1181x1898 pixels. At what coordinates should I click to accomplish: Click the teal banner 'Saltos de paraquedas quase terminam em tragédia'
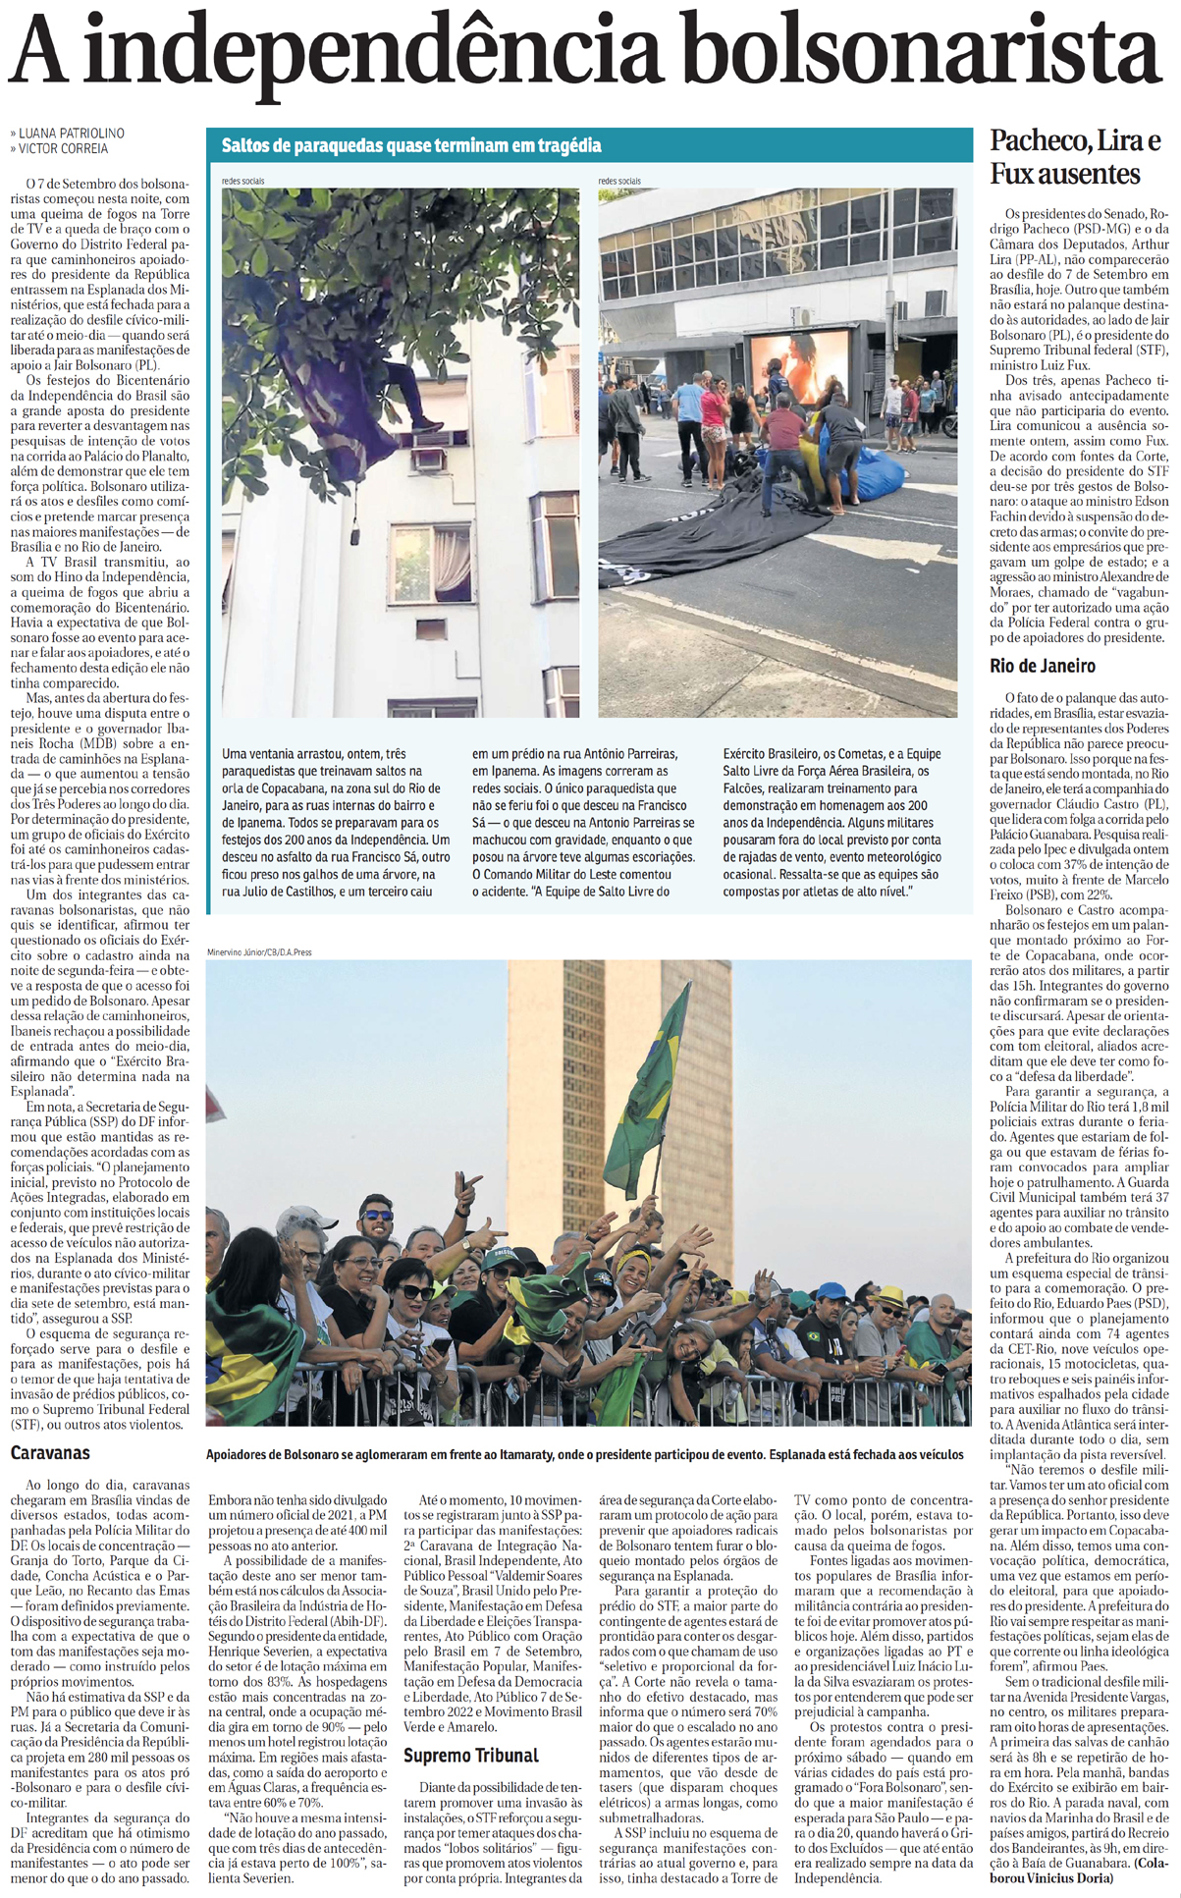[411, 145]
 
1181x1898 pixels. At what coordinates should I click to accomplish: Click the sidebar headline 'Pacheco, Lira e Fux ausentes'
[1075, 157]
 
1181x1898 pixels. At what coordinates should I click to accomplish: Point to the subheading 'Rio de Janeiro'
[1043, 666]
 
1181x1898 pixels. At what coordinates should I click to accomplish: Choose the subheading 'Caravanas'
[50, 1451]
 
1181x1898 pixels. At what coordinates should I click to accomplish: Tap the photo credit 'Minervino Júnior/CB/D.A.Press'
[259, 951]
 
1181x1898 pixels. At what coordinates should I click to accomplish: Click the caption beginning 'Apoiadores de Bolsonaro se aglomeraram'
[585, 1454]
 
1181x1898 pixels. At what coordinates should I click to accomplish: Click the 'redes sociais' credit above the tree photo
[242, 181]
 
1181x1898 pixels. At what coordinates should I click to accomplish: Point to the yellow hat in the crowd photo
[889, 1295]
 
